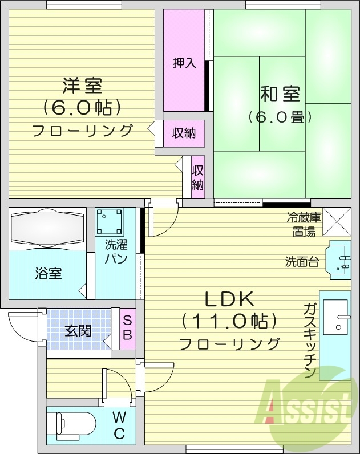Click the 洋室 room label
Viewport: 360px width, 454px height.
82,86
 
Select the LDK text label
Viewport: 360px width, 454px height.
229,299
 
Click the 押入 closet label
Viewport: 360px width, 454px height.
184,63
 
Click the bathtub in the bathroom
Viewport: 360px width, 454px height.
47,228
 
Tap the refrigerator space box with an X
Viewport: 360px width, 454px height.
337,221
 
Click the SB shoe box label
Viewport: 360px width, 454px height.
127,328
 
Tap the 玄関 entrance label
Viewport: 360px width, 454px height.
78,330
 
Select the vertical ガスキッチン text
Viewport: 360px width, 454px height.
310,341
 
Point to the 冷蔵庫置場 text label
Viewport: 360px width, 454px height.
304,224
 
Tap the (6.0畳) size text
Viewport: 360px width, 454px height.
280,117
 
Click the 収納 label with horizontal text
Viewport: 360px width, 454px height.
184,133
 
